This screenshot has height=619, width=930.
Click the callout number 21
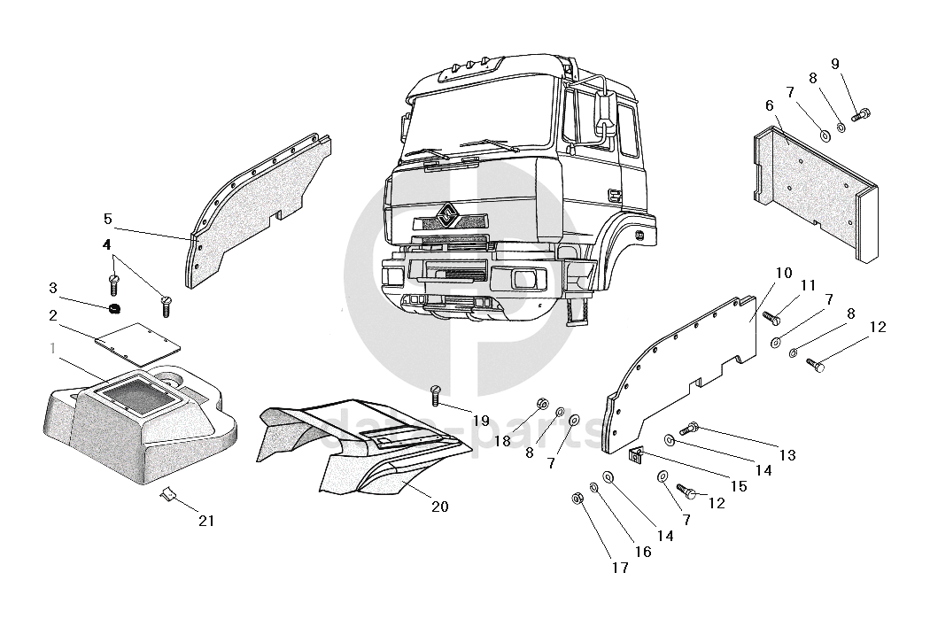[x=205, y=521]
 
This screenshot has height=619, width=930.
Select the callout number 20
[x=439, y=507]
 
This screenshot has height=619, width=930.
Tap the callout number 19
[x=480, y=419]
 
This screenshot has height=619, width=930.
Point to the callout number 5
[x=108, y=218]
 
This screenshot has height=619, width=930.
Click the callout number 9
[x=834, y=63]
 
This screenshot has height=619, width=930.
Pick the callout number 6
[x=770, y=105]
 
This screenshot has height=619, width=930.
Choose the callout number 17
[x=620, y=568]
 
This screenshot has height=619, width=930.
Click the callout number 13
[x=787, y=455]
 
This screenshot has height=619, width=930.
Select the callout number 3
[x=53, y=288]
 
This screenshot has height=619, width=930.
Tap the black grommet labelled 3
[x=112, y=309]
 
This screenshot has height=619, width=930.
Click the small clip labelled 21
[x=167, y=494]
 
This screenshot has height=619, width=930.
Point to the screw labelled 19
[x=434, y=395]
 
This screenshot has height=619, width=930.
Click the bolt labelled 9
[x=861, y=113]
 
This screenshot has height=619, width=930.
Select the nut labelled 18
[x=539, y=406]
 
